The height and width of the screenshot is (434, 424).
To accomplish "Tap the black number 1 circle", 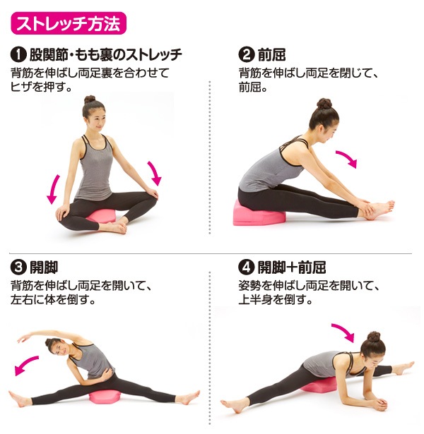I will point(18,54).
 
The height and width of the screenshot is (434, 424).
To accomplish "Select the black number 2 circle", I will point(247,54).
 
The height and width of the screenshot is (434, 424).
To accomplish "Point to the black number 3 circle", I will point(18,267).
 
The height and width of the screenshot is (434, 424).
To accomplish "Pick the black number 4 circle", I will point(247,267).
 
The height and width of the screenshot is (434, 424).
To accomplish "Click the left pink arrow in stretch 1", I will point(52,189).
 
